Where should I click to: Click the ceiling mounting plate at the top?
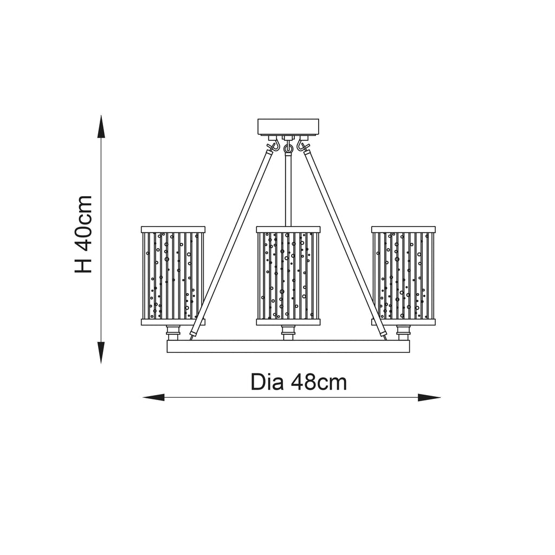(x=288, y=127)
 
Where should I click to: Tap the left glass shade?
(x=173, y=276)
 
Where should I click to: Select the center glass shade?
(x=288, y=276)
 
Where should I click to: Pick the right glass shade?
(x=403, y=276)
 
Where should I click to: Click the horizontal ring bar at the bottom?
(x=288, y=346)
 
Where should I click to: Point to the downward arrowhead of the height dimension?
(x=101, y=352)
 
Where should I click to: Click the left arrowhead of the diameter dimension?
(x=153, y=397)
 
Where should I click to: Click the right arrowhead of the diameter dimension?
(x=429, y=397)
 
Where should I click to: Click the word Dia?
(x=267, y=382)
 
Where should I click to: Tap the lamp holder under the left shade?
(x=173, y=333)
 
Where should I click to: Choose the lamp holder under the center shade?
(x=288, y=333)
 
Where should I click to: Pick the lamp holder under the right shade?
(x=403, y=333)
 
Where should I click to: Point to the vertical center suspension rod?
(x=288, y=190)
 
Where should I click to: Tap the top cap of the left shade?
(x=173, y=229)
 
